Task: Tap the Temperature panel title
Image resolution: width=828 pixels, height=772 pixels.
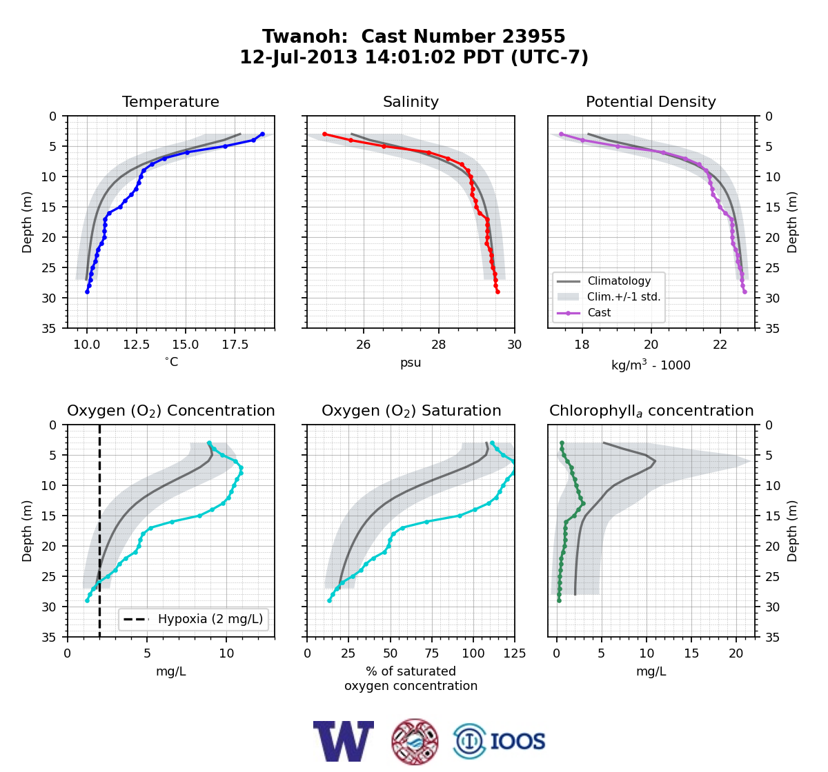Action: pyautogui.click(x=170, y=101)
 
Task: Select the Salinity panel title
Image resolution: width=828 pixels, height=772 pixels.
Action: pyautogui.click(x=411, y=101)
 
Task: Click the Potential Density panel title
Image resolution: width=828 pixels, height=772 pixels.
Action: pyautogui.click(x=651, y=101)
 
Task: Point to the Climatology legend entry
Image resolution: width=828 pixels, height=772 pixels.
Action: pyautogui.click(x=603, y=281)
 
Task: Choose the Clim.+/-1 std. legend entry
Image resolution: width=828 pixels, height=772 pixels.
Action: pyautogui.click(x=609, y=297)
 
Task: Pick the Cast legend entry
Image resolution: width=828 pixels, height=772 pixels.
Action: pyautogui.click(x=583, y=313)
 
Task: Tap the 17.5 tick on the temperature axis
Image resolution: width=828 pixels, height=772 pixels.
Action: pyautogui.click(x=235, y=345)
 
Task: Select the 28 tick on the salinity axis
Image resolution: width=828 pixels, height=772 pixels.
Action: pyautogui.click(x=439, y=345)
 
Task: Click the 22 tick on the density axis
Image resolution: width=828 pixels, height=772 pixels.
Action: pyautogui.click(x=720, y=345)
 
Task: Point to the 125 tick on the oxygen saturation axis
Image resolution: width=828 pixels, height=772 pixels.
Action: pyautogui.click(x=514, y=653)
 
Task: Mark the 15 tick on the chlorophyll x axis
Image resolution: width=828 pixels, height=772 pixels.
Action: pyautogui.click(x=691, y=653)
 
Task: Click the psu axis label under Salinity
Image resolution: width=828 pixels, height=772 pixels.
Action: pyautogui.click(x=411, y=363)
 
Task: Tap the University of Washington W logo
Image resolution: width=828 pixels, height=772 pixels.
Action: pyautogui.click(x=344, y=741)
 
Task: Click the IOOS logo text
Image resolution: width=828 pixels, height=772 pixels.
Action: pyautogui.click(x=517, y=742)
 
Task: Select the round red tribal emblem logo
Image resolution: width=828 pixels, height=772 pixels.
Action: pyautogui.click(x=415, y=742)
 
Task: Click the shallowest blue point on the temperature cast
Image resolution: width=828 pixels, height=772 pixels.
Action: pyautogui.click(x=262, y=134)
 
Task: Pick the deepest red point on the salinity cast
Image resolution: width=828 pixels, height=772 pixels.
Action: pyautogui.click(x=497, y=292)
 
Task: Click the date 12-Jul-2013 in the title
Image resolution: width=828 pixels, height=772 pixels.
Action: pyautogui.click(x=299, y=57)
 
